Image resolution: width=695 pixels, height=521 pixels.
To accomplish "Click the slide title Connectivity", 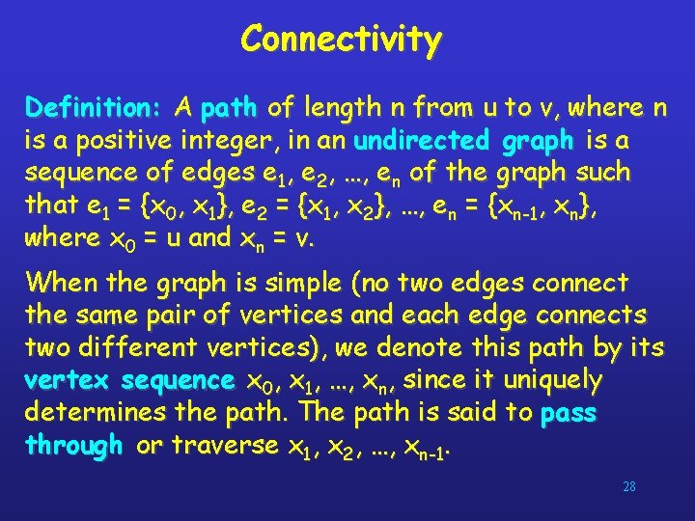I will (341, 40).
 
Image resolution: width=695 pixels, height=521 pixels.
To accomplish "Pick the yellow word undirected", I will (424, 141).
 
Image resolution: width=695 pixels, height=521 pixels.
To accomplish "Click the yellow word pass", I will (569, 414).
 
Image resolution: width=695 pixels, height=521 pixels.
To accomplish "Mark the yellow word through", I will (73, 446).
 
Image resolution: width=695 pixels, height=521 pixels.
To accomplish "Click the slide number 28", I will (628, 486).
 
